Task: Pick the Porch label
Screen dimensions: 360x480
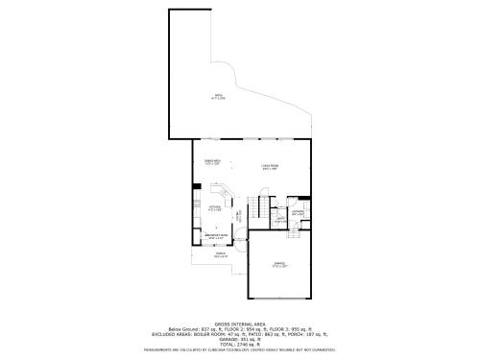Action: [220, 255]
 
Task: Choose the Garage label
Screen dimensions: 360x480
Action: [278, 264]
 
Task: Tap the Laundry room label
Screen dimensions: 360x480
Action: [299, 213]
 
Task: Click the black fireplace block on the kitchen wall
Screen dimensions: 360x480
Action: [196, 187]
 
